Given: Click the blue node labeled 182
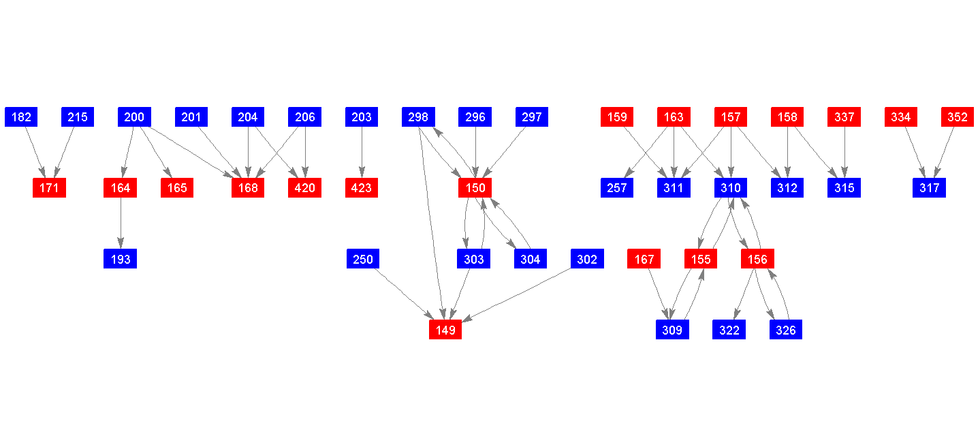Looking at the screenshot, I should tap(21, 117).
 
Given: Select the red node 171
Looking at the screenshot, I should tap(49, 188).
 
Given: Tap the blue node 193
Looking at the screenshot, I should tap(121, 259).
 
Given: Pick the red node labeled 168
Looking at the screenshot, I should tap(248, 188).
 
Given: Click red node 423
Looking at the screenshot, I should tap(362, 188).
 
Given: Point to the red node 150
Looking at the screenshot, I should tap(475, 188).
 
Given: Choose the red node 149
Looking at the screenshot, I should tap(445, 330).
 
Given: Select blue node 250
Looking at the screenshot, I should tap(363, 259).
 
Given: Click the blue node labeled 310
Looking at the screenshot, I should tap(731, 188).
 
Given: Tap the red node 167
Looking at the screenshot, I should tap(644, 259).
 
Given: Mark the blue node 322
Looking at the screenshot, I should tap(729, 330).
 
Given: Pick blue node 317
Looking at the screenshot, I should tap(930, 188).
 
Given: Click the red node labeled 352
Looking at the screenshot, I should tap(958, 117).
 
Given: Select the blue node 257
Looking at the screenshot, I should tap(617, 188).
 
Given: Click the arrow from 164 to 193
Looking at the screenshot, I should tap(121, 223).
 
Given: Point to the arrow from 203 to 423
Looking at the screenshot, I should tap(362, 153).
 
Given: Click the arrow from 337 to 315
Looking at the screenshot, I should tap(844, 153).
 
